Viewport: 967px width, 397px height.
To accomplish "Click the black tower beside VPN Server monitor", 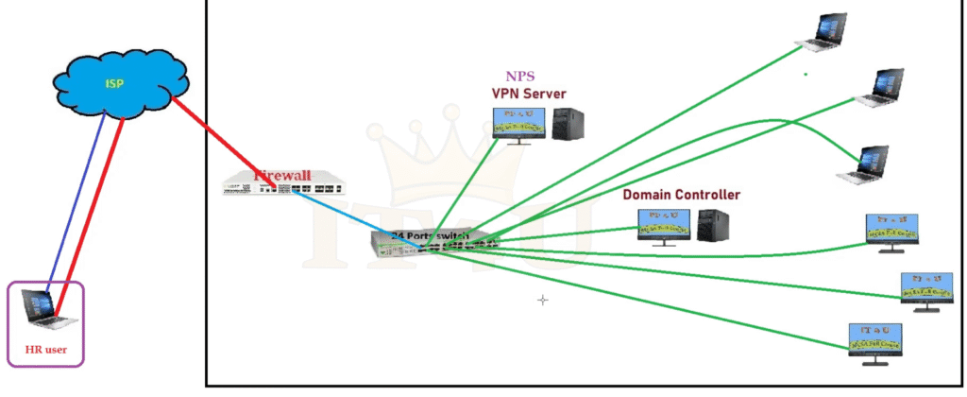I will (x=568, y=125).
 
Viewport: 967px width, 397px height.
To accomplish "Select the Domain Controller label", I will (x=681, y=195).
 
